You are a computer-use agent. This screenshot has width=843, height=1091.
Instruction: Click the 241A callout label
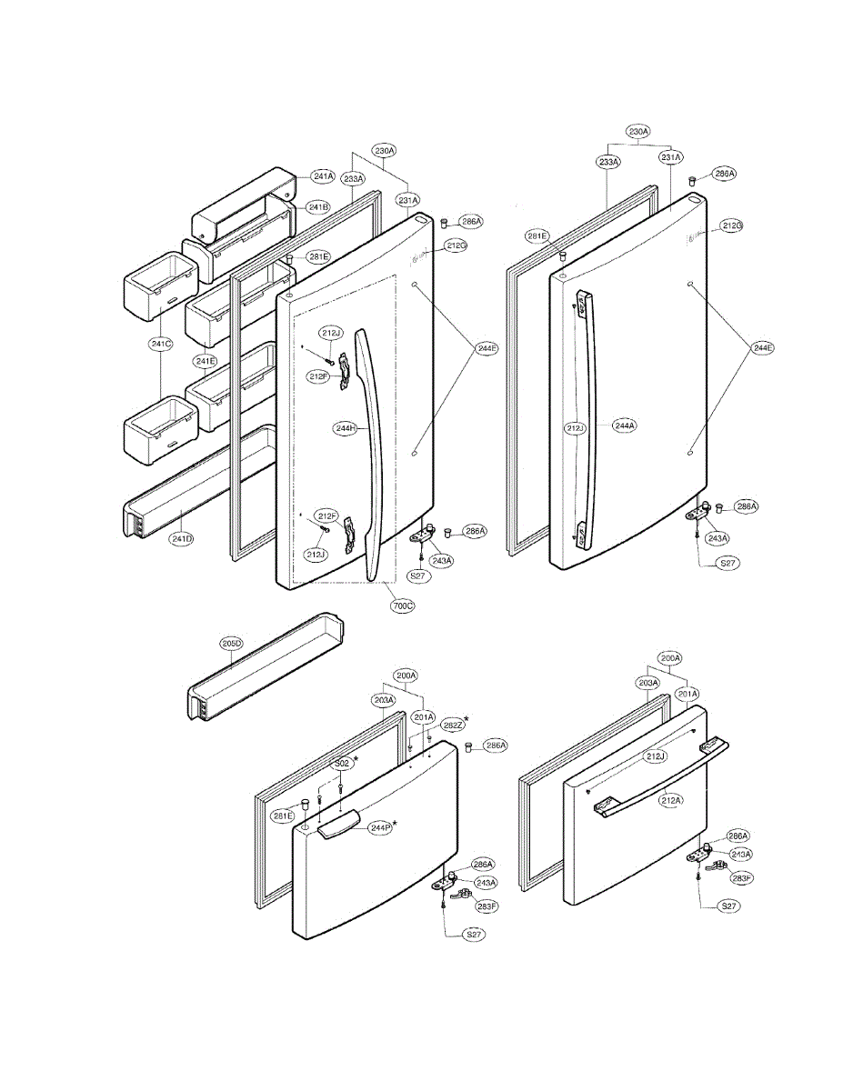click(x=323, y=176)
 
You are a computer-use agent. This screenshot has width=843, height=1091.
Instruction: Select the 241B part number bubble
click(x=317, y=207)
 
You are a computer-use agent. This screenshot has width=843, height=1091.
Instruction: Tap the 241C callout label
click(x=161, y=344)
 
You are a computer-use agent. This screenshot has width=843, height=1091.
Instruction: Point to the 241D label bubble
click(x=182, y=540)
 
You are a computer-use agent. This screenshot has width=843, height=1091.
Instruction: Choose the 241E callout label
click(x=206, y=361)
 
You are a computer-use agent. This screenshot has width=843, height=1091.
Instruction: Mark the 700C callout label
click(x=401, y=605)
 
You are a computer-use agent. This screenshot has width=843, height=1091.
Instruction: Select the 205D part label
click(x=231, y=643)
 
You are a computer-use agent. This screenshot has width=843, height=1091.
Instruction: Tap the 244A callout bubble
click(x=625, y=425)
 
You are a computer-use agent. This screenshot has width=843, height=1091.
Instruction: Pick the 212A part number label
click(x=671, y=800)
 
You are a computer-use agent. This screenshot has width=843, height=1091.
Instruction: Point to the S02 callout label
click(x=342, y=764)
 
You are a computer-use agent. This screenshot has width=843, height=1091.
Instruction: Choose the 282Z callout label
click(x=453, y=725)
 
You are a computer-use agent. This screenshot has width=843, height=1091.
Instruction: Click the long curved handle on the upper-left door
click(x=375, y=455)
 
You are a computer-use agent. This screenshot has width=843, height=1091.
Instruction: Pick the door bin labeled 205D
click(x=264, y=668)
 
